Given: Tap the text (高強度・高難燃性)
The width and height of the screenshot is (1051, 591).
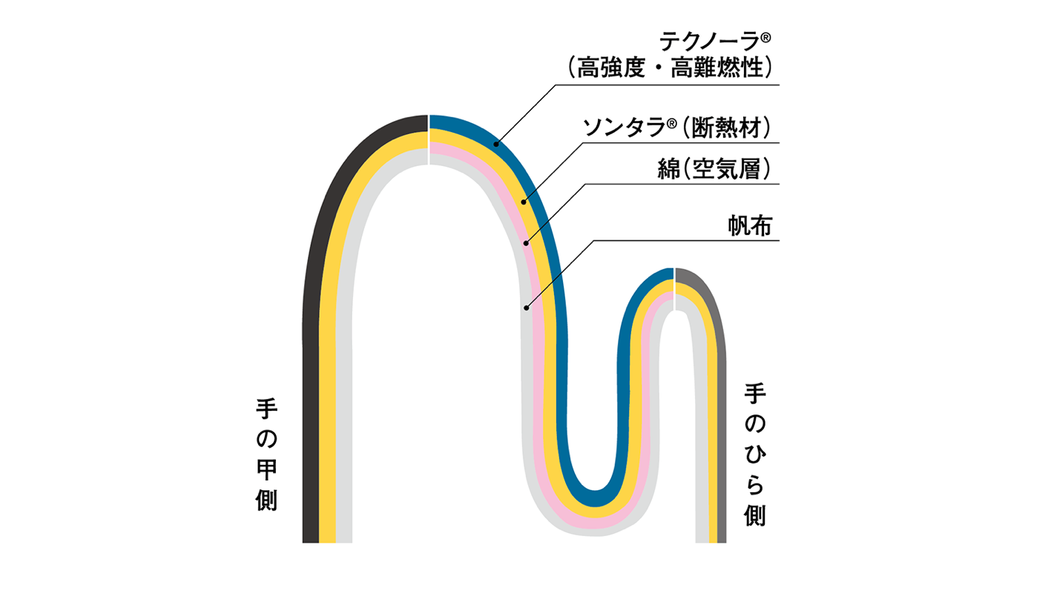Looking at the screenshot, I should point(667,69).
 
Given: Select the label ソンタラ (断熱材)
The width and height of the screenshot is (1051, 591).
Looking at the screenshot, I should point(678,128).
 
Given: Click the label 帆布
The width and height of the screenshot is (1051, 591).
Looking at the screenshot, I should point(750,226).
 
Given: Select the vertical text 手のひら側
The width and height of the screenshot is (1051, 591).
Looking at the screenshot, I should point(755,455).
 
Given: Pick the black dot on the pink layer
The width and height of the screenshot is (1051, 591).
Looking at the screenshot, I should point(527,242).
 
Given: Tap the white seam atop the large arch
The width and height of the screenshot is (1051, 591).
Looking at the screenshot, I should point(429,139).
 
